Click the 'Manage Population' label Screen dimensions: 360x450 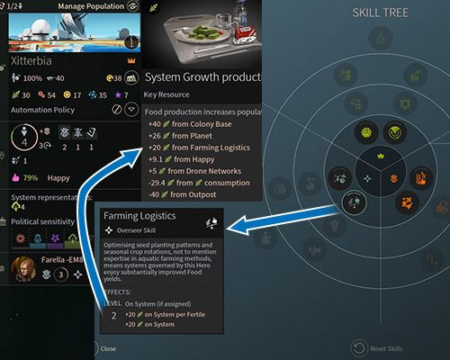click(x=89, y=6)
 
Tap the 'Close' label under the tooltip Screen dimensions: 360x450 click(x=108, y=348)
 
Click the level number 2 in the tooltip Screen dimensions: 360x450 click(x=112, y=316)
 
